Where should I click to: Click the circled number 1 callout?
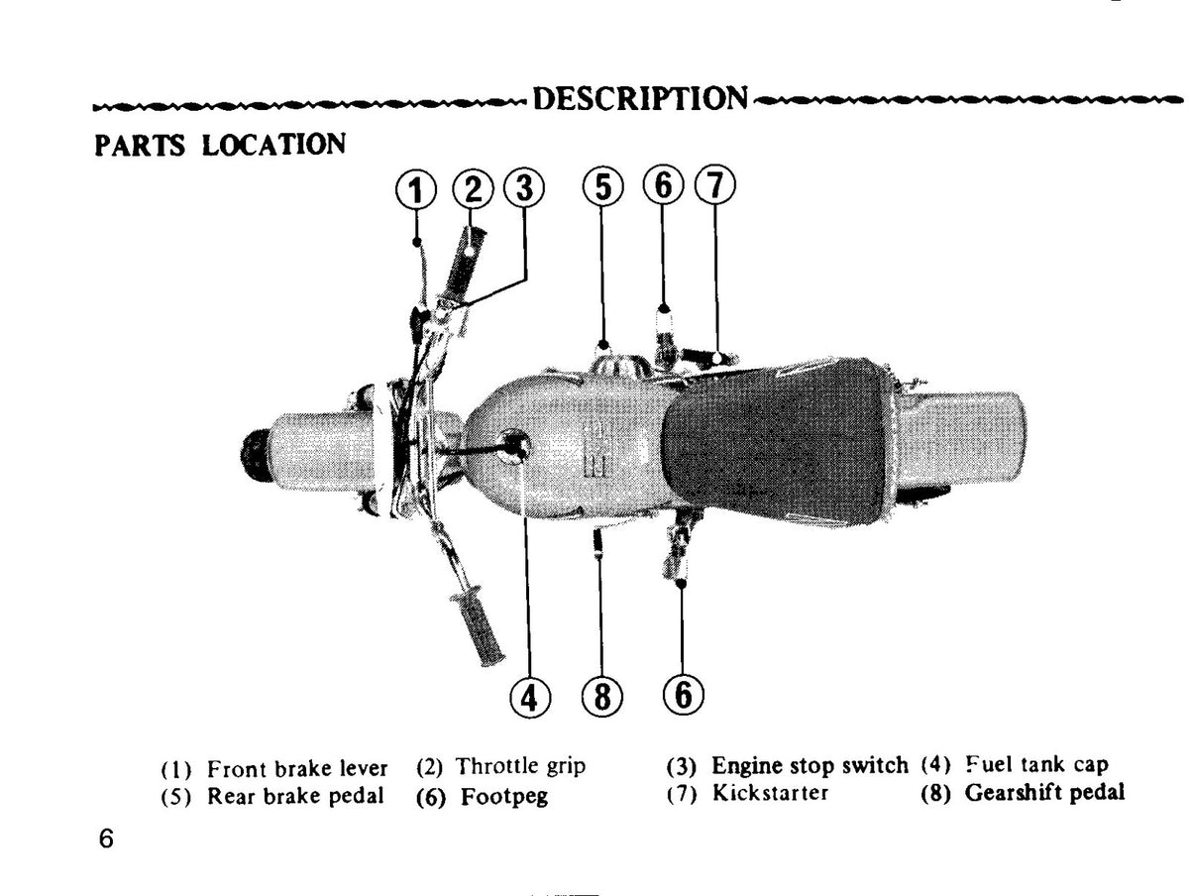[x=415, y=190]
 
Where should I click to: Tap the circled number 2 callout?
[x=473, y=188]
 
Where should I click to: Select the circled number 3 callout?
[x=524, y=187]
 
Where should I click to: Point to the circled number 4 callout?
[x=530, y=697]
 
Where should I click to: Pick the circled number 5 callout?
[x=602, y=187]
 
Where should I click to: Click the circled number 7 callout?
[x=715, y=184]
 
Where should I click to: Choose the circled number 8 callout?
[x=601, y=697]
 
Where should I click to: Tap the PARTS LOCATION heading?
[x=220, y=145]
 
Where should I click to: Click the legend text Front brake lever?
[x=297, y=769]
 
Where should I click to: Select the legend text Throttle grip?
[x=520, y=766]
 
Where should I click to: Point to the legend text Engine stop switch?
[x=810, y=765]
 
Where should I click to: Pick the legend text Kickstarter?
[x=770, y=793]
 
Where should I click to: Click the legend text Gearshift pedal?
[x=1043, y=793]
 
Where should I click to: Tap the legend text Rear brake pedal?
[x=295, y=796]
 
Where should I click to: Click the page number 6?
[x=106, y=839]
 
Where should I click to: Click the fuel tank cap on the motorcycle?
[x=513, y=446]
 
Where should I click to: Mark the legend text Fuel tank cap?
[x=1036, y=764]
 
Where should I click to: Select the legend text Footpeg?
[x=503, y=797]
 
